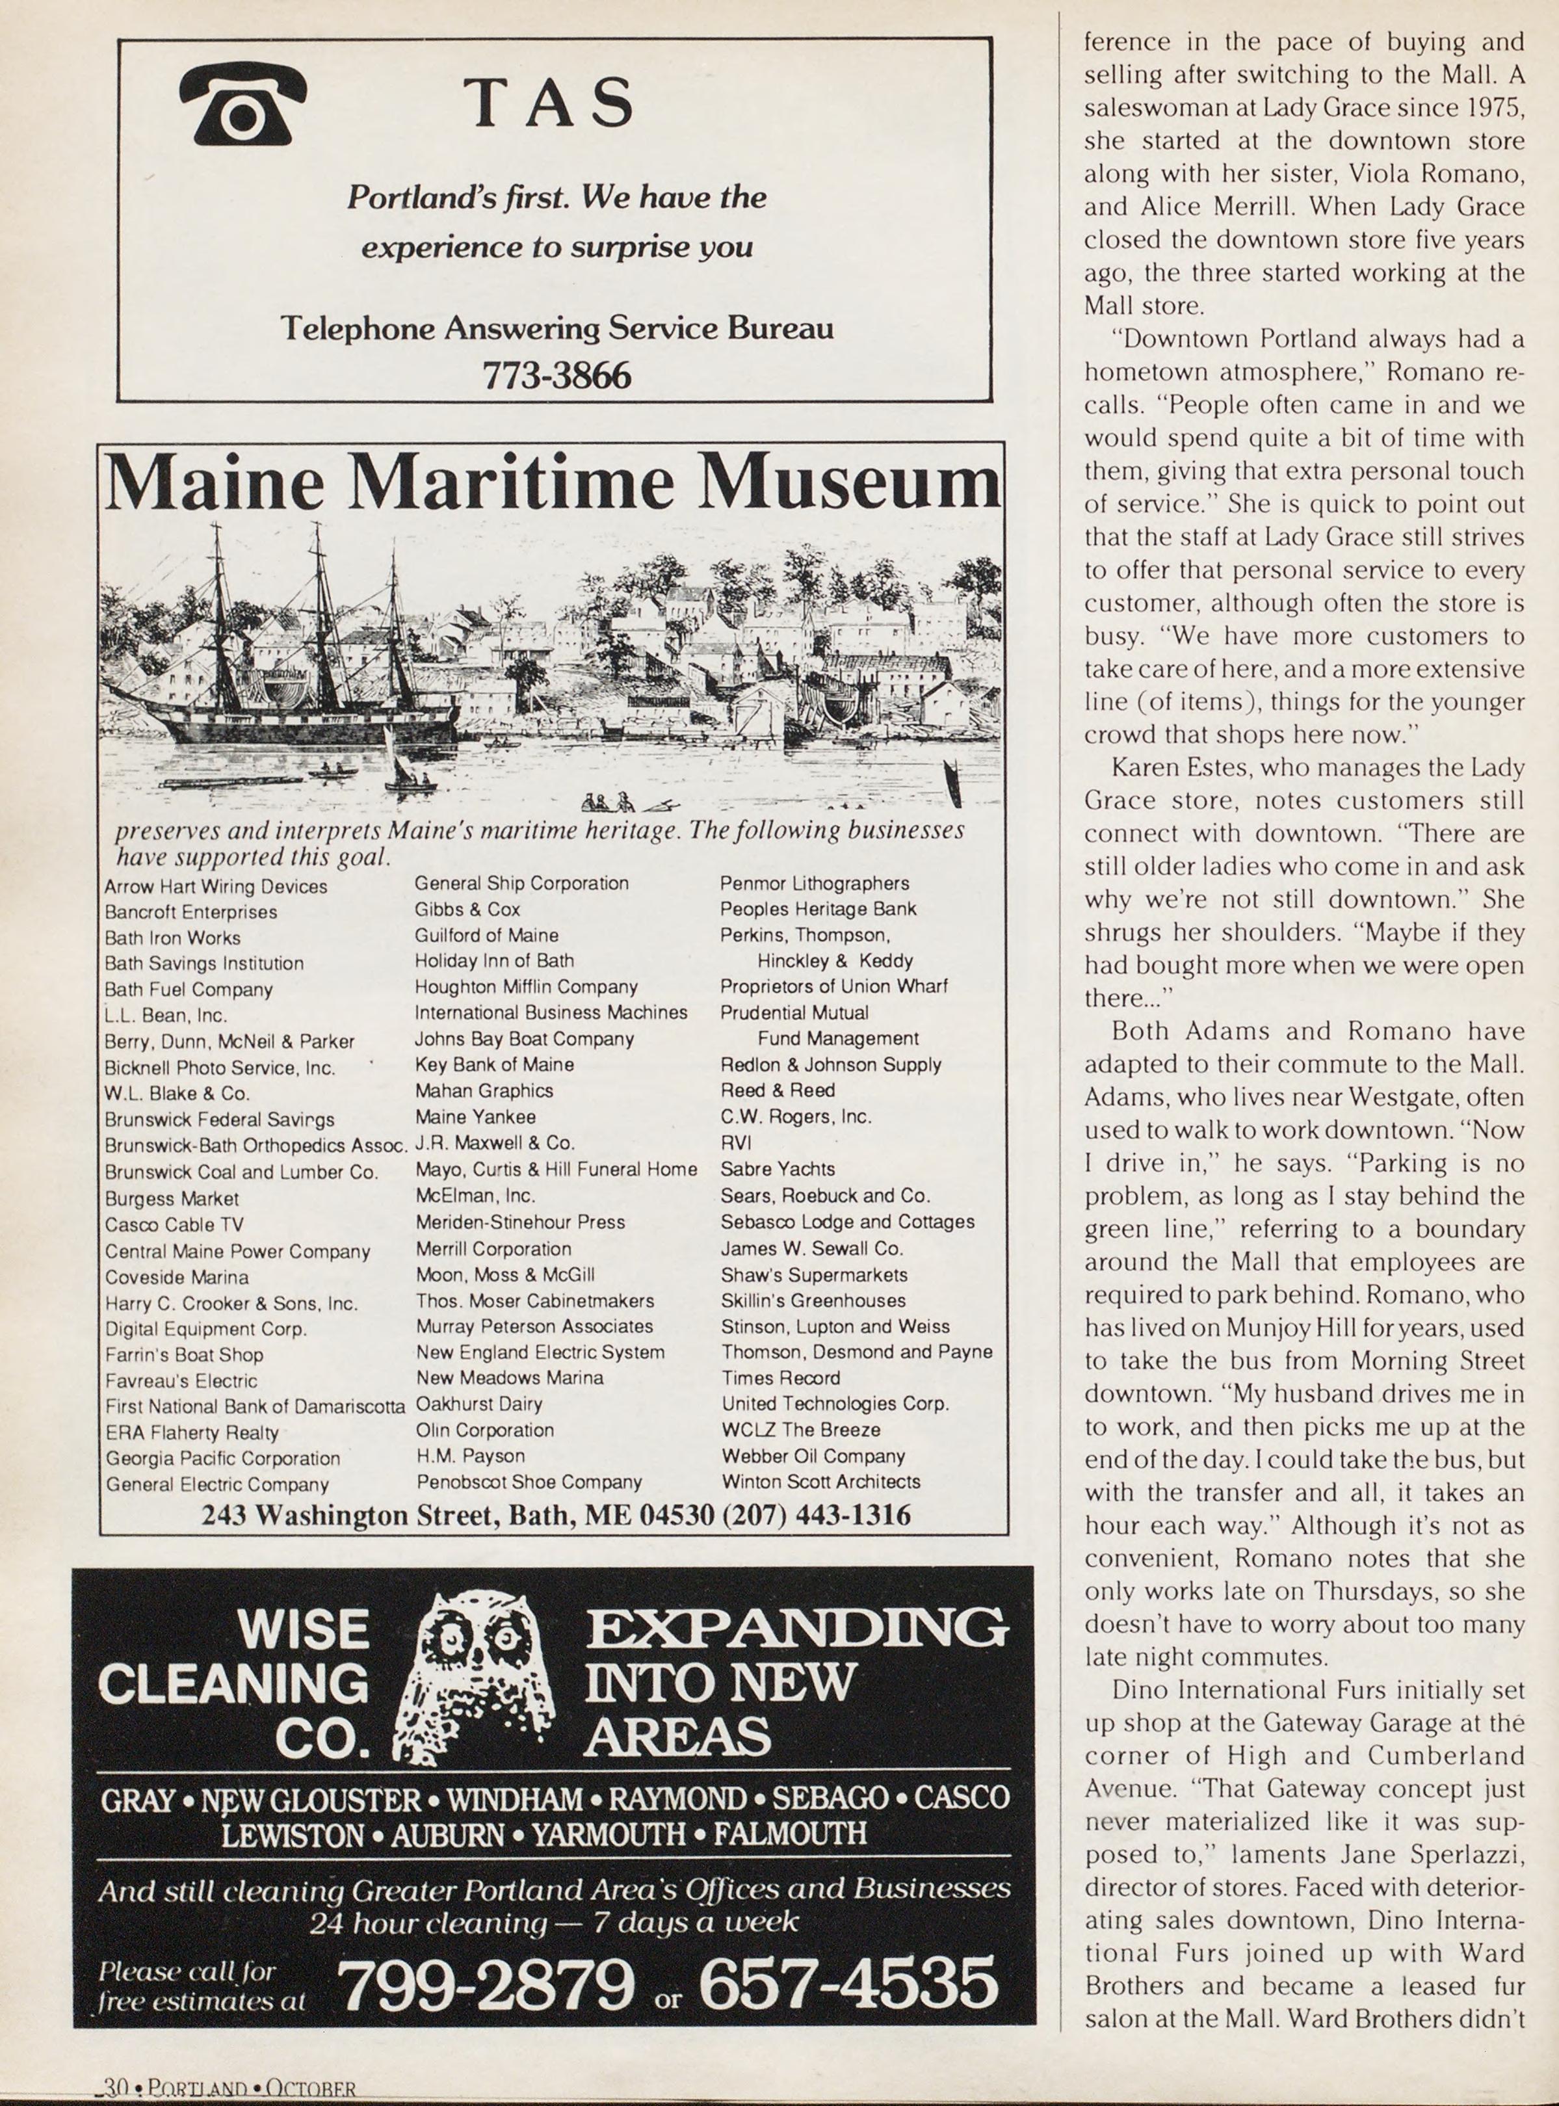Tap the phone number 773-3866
(x=556, y=376)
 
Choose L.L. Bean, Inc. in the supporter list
(x=166, y=1015)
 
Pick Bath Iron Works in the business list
(x=173, y=938)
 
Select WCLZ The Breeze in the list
(x=800, y=1430)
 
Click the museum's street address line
(x=556, y=1516)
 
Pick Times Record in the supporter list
(x=780, y=1378)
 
